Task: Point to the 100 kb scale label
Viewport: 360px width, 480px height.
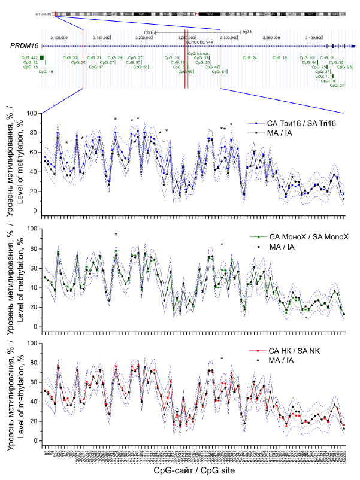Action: (149, 32)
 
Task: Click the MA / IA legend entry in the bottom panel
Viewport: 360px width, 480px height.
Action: (279, 361)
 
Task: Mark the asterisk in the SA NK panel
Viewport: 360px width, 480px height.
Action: (222, 359)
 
